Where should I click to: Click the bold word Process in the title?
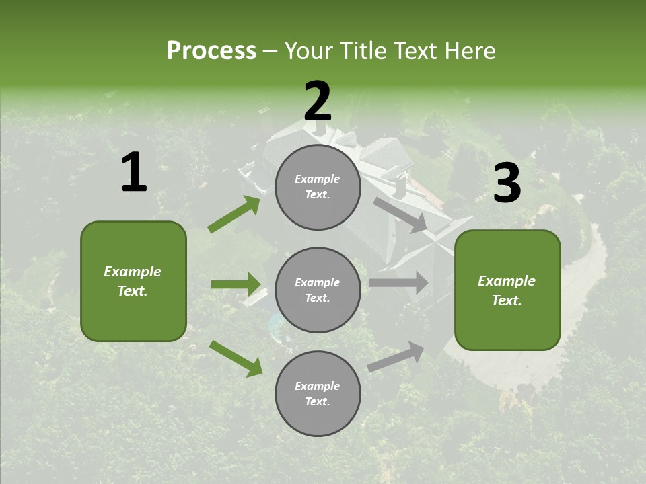(211, 51)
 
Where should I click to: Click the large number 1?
(134, 173)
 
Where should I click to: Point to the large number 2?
(318, 102)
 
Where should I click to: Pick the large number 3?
(507, 184)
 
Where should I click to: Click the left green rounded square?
(133, 281)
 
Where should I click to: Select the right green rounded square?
(507, 290)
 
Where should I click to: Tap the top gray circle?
(318, 187)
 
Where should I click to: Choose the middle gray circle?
(318, 290)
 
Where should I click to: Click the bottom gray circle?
(318, 393)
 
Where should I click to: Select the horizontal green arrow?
(236, 284)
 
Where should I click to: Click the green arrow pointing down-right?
(236, 358)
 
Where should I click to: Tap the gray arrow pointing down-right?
(400, 215)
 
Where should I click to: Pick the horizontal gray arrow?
(398, 282)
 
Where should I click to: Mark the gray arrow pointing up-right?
(396, 356)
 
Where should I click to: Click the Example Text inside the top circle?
(318, 187)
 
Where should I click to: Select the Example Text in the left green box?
(133, 281)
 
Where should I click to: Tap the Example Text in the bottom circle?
(318, 393)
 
